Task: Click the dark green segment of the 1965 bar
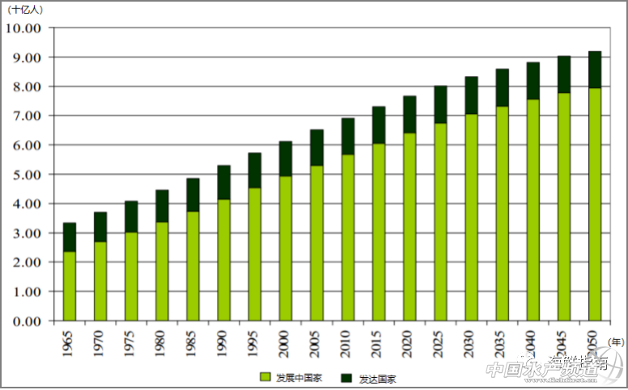point(70,237)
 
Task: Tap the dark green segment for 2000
point(286,159)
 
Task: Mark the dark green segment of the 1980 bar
point(162,206)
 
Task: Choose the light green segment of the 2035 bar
point(502,214)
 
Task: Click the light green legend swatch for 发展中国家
point(265,377)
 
